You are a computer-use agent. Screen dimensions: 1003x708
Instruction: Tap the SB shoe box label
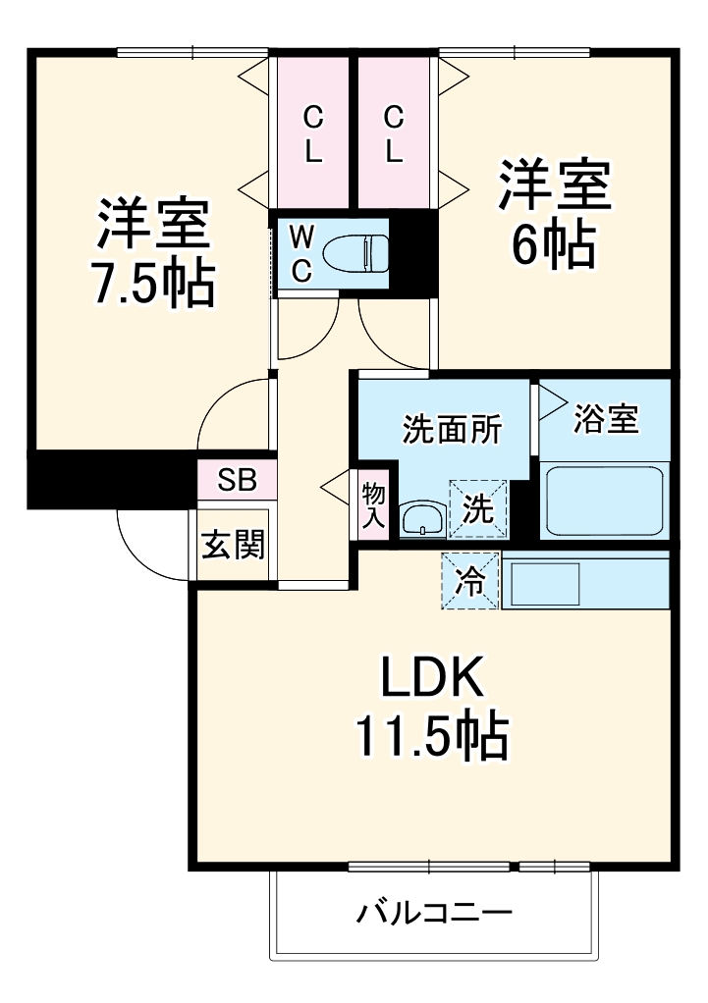237,480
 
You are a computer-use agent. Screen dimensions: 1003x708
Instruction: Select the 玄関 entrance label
233,545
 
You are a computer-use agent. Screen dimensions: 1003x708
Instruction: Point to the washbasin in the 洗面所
422,518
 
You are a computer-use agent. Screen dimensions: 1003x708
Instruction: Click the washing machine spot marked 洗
478,509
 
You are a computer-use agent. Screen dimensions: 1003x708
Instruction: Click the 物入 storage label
373,505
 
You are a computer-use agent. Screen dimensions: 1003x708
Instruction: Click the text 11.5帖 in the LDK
431,737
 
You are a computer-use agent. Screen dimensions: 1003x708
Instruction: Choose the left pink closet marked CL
313,135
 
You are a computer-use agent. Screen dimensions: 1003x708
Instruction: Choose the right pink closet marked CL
393,135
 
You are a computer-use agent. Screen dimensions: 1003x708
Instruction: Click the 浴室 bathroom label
606,419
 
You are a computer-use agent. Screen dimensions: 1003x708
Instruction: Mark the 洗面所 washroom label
453,430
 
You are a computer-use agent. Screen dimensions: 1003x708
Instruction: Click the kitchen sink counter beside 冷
585,581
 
